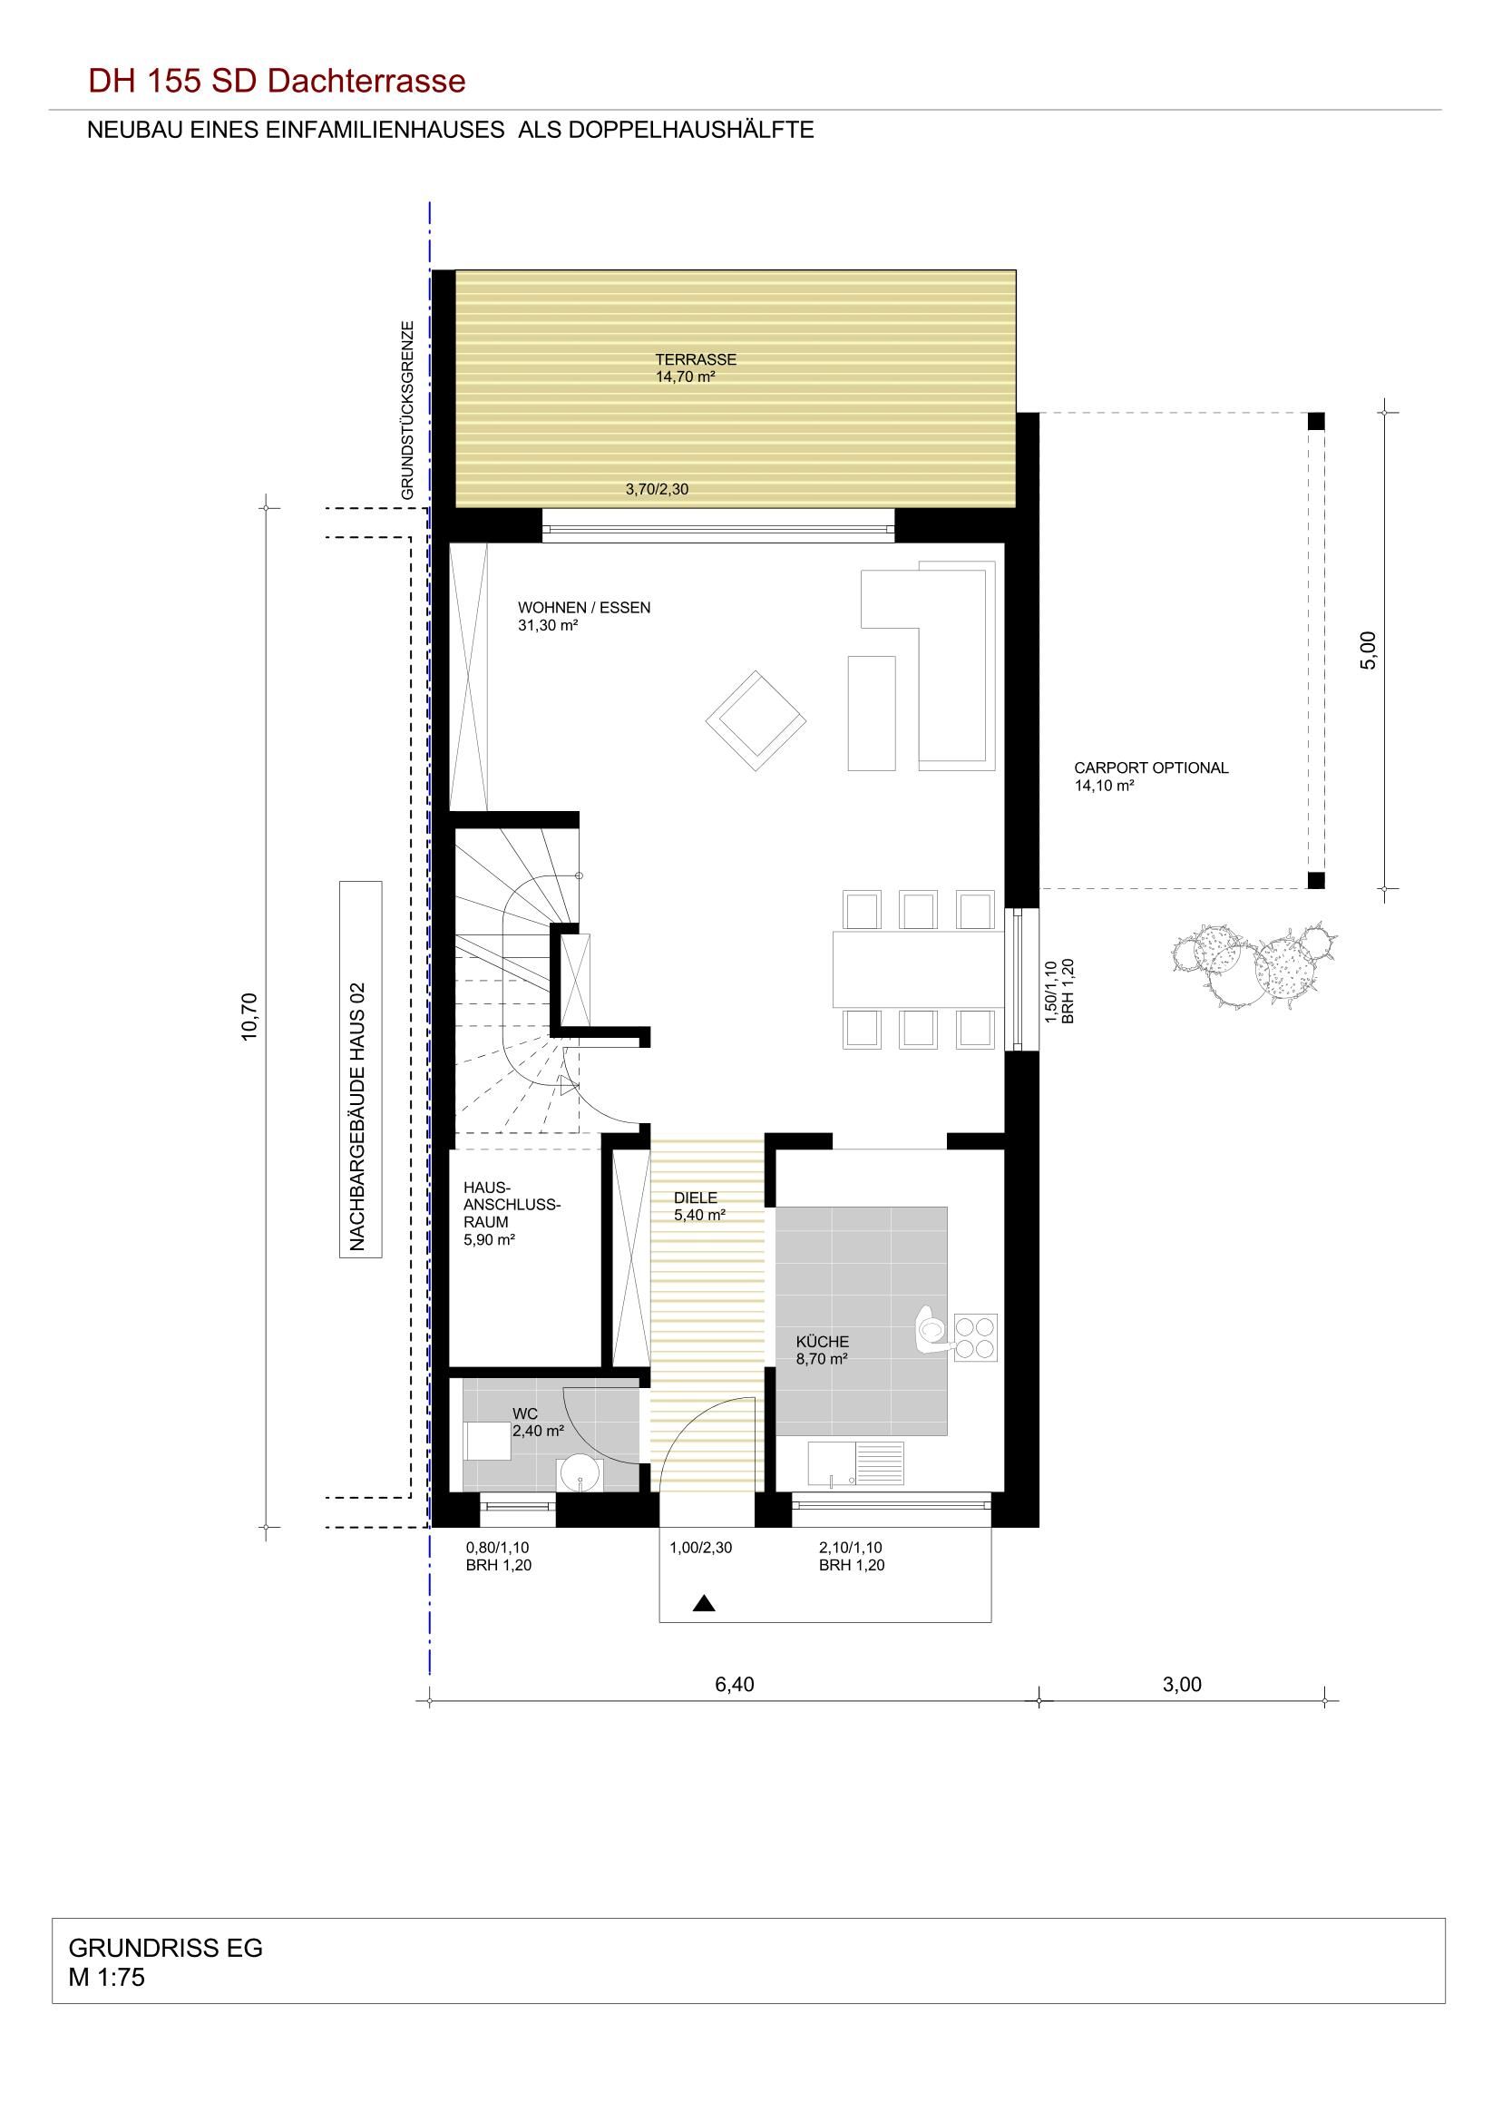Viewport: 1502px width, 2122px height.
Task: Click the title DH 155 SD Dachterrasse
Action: pos(277,82)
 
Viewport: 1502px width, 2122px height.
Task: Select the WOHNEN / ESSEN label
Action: pos(583,608)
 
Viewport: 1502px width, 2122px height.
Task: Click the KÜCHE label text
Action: pos(823,1342)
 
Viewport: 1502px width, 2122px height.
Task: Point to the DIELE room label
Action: pos(696,1198)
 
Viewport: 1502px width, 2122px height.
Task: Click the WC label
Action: pos(524,1414)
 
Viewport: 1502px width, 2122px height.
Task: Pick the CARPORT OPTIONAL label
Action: pos(1151,768)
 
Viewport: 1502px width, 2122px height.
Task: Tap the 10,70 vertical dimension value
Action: pos(249,1017)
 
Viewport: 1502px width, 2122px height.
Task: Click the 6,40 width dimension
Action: pos(735,1685)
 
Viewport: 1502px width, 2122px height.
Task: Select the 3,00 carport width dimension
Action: pos(1182,1685)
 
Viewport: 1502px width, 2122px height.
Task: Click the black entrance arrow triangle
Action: pos(705,1604)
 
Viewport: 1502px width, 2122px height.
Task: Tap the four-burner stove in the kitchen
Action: pos(976,1338)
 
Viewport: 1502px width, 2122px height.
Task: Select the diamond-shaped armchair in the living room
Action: pos(755,720)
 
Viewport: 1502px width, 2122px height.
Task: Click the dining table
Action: pos(919,970)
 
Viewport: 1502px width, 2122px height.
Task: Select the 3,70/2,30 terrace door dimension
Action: pos(657,489)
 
